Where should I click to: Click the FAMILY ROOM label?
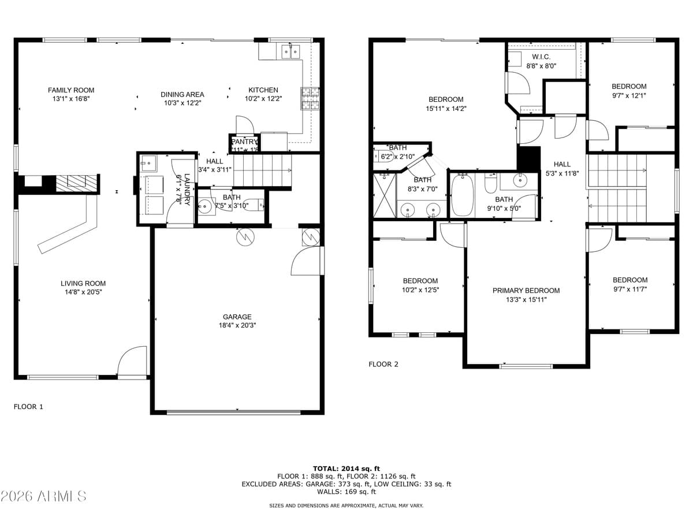[70, 90]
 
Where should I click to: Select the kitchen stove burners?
[309, 99]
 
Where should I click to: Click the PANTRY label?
[244, 142]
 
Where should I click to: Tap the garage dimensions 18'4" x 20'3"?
[237, 325]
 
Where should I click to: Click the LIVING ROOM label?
[83, 283]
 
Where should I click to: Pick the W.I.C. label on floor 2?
[541, 57]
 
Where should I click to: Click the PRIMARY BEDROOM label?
[526, 291]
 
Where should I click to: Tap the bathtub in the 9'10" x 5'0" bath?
[461, 196]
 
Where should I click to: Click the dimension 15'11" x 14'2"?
[445, 108]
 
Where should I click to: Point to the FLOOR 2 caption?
[383, 364]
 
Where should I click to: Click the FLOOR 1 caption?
[28, 407]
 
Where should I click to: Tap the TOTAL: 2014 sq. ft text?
[346, 469]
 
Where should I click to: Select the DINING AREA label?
[182, 94]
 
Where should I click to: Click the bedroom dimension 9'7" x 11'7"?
[629, 289]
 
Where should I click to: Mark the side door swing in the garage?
[306, 263]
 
